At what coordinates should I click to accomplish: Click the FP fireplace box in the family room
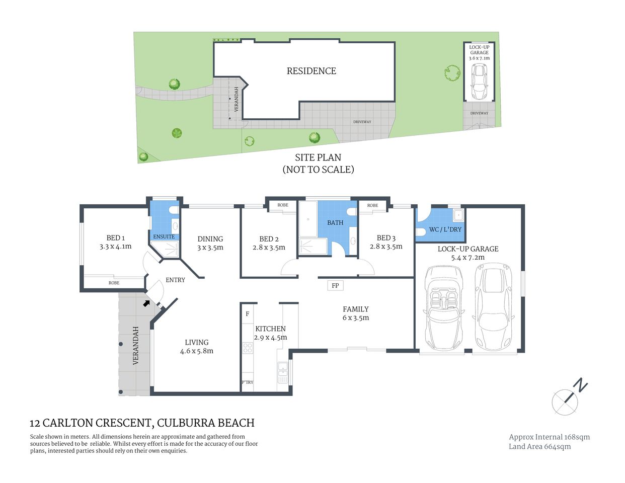pos(335,286)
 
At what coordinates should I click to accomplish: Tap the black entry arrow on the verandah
pos(147,303)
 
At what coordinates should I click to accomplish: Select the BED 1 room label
pos(115,242)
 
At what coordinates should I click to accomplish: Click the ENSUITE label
pos(164,236)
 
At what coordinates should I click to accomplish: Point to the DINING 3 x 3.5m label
pos(210,243)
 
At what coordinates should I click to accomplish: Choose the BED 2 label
pos(269,243)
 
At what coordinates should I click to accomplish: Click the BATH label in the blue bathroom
pos(335,222)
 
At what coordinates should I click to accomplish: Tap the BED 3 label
pos(386,242)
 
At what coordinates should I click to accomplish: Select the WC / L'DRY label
pos(445,229)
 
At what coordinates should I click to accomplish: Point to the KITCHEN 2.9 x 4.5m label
pos(270,333)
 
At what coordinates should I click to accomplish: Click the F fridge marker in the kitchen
pos(247,314)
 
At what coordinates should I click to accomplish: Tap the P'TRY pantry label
pos(247,382)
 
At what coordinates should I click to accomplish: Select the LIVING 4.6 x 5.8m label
pos(196,346)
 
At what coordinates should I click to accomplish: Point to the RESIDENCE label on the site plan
pos(311,71)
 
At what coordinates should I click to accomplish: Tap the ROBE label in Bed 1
pos(114,283)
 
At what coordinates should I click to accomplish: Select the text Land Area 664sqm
pos(539,446)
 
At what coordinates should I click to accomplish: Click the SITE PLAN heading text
pos(318,157)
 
